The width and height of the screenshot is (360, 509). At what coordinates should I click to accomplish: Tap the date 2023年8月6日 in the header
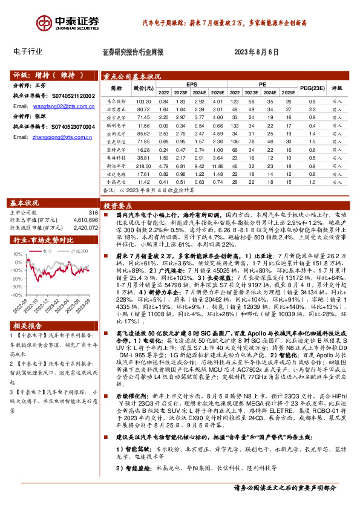[x=255, y=52]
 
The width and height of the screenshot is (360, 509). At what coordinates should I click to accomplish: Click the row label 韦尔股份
[x=115, y=102]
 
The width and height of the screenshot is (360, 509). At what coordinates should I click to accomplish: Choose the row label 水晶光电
[x=115, y=180]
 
